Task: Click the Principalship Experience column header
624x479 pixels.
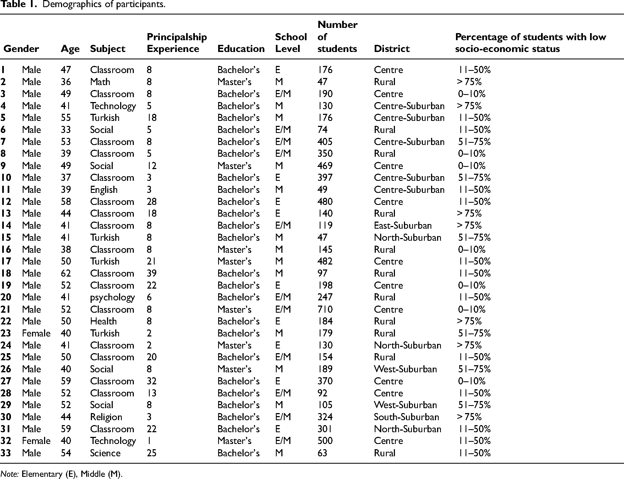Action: point(177,43)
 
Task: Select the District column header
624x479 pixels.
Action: point(392,49)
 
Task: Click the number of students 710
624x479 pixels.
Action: point(325,309)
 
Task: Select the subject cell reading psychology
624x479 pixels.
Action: point(112,298)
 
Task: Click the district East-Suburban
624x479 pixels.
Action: point(403,225)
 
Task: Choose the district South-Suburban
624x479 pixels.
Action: point(406,417)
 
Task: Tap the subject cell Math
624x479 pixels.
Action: point(100,82)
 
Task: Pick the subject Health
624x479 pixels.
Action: point(103,321)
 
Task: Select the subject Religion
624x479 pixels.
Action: point(106,417)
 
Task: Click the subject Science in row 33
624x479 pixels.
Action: point(105,453)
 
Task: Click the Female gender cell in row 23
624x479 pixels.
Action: point(36,333)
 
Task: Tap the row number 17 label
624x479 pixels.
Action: point(6,262)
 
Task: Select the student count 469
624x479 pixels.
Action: point(325,166)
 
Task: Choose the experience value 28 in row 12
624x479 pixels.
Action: point(152,202)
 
